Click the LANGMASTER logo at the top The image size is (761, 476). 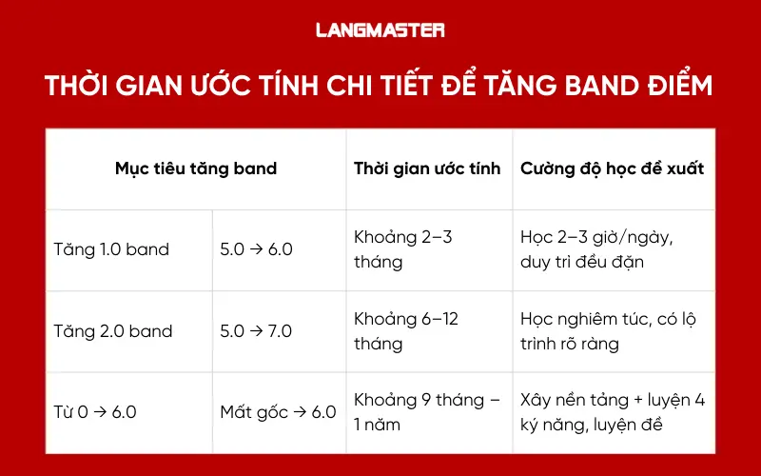click(380, 30)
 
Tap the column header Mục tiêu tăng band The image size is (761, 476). click(196, 169)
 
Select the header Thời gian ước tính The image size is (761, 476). click(427, 169)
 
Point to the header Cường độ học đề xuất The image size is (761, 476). click(612, 169)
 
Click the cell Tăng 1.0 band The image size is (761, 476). click(111, 250)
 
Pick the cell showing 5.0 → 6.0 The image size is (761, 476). click(256, 250)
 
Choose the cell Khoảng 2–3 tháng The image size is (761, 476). click(403, 249)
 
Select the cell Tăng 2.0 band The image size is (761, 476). click(113, 331)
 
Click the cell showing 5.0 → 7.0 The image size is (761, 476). click(256, 331)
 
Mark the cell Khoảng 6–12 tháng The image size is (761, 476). click(406, 330)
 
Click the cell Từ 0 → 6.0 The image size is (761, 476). click(95, 412)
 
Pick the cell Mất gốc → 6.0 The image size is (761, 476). click(278, 412)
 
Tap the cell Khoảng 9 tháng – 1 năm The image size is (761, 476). click(426, 411)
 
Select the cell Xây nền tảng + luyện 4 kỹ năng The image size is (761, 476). click(613, 411)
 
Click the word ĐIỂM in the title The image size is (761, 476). click(676, 87)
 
